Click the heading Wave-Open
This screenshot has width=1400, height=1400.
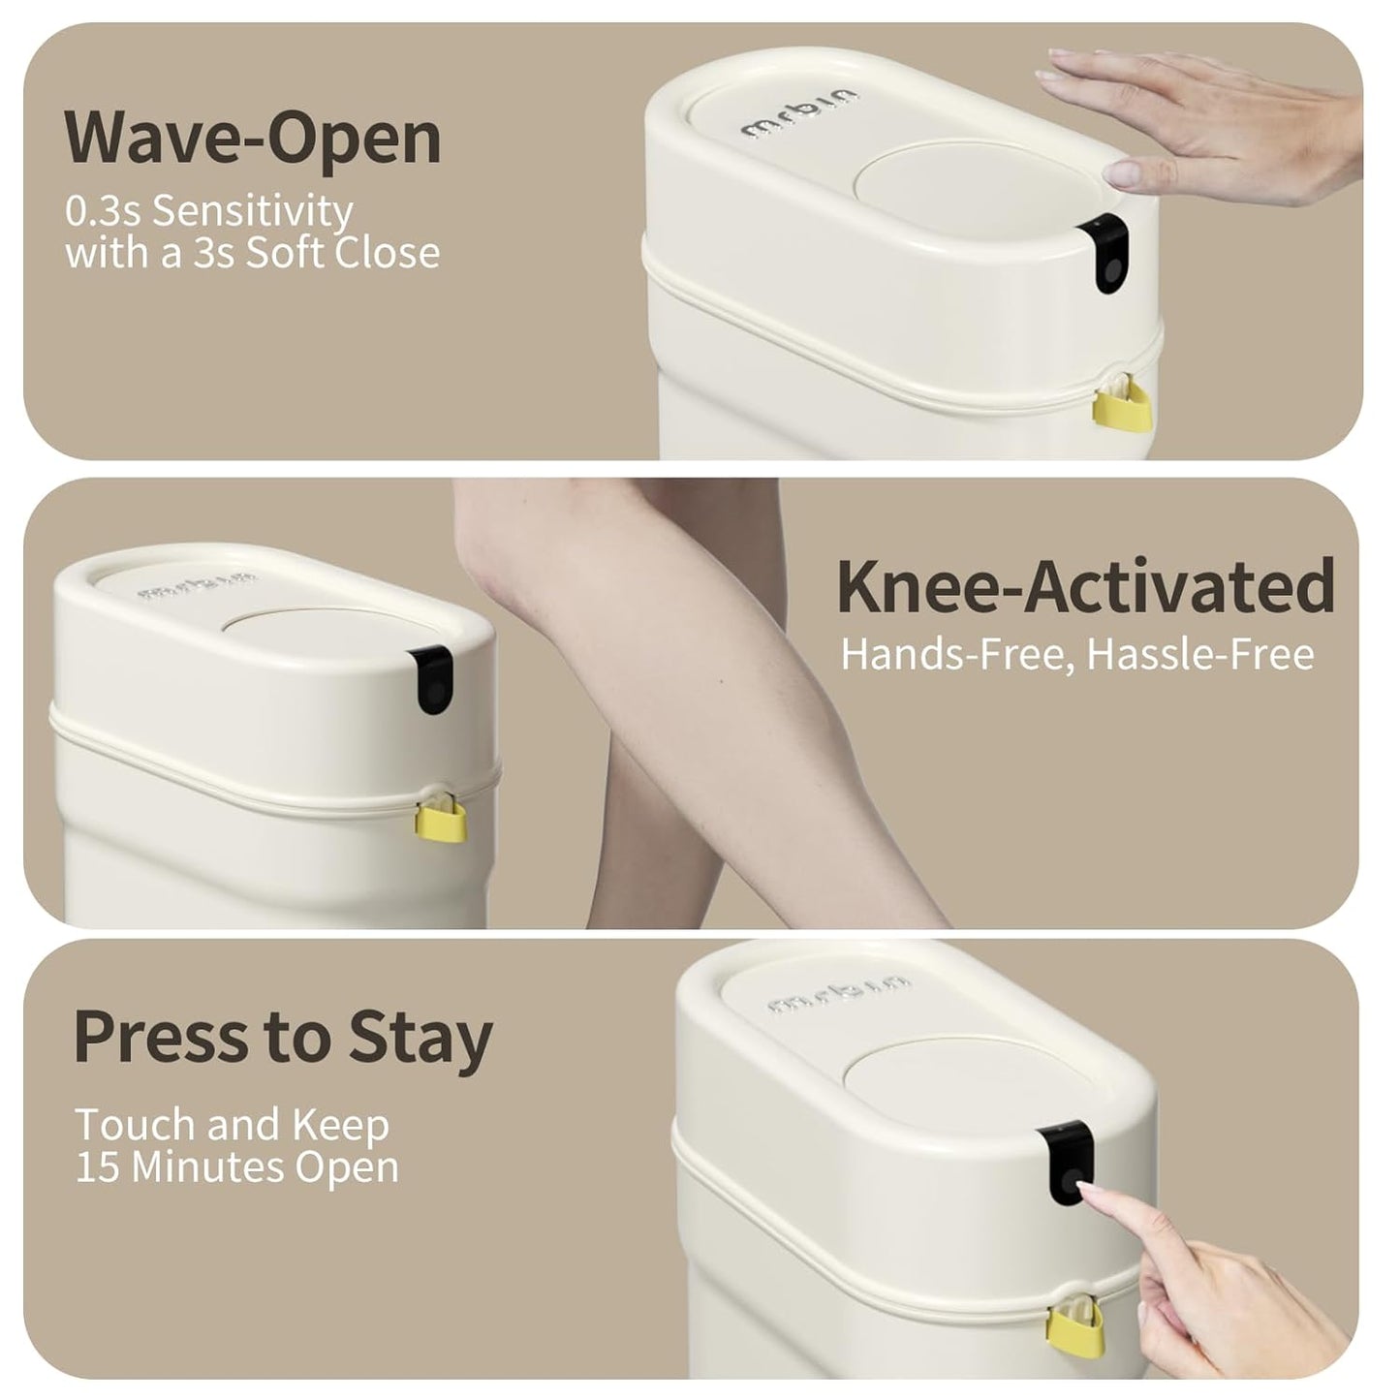(253, 140)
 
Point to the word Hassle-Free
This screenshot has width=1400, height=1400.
(1201, 654)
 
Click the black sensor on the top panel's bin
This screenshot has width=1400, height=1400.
(1105, 256)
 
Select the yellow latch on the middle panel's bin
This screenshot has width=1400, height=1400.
(440, 819)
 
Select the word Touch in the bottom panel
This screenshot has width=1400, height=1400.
(135, 1124)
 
